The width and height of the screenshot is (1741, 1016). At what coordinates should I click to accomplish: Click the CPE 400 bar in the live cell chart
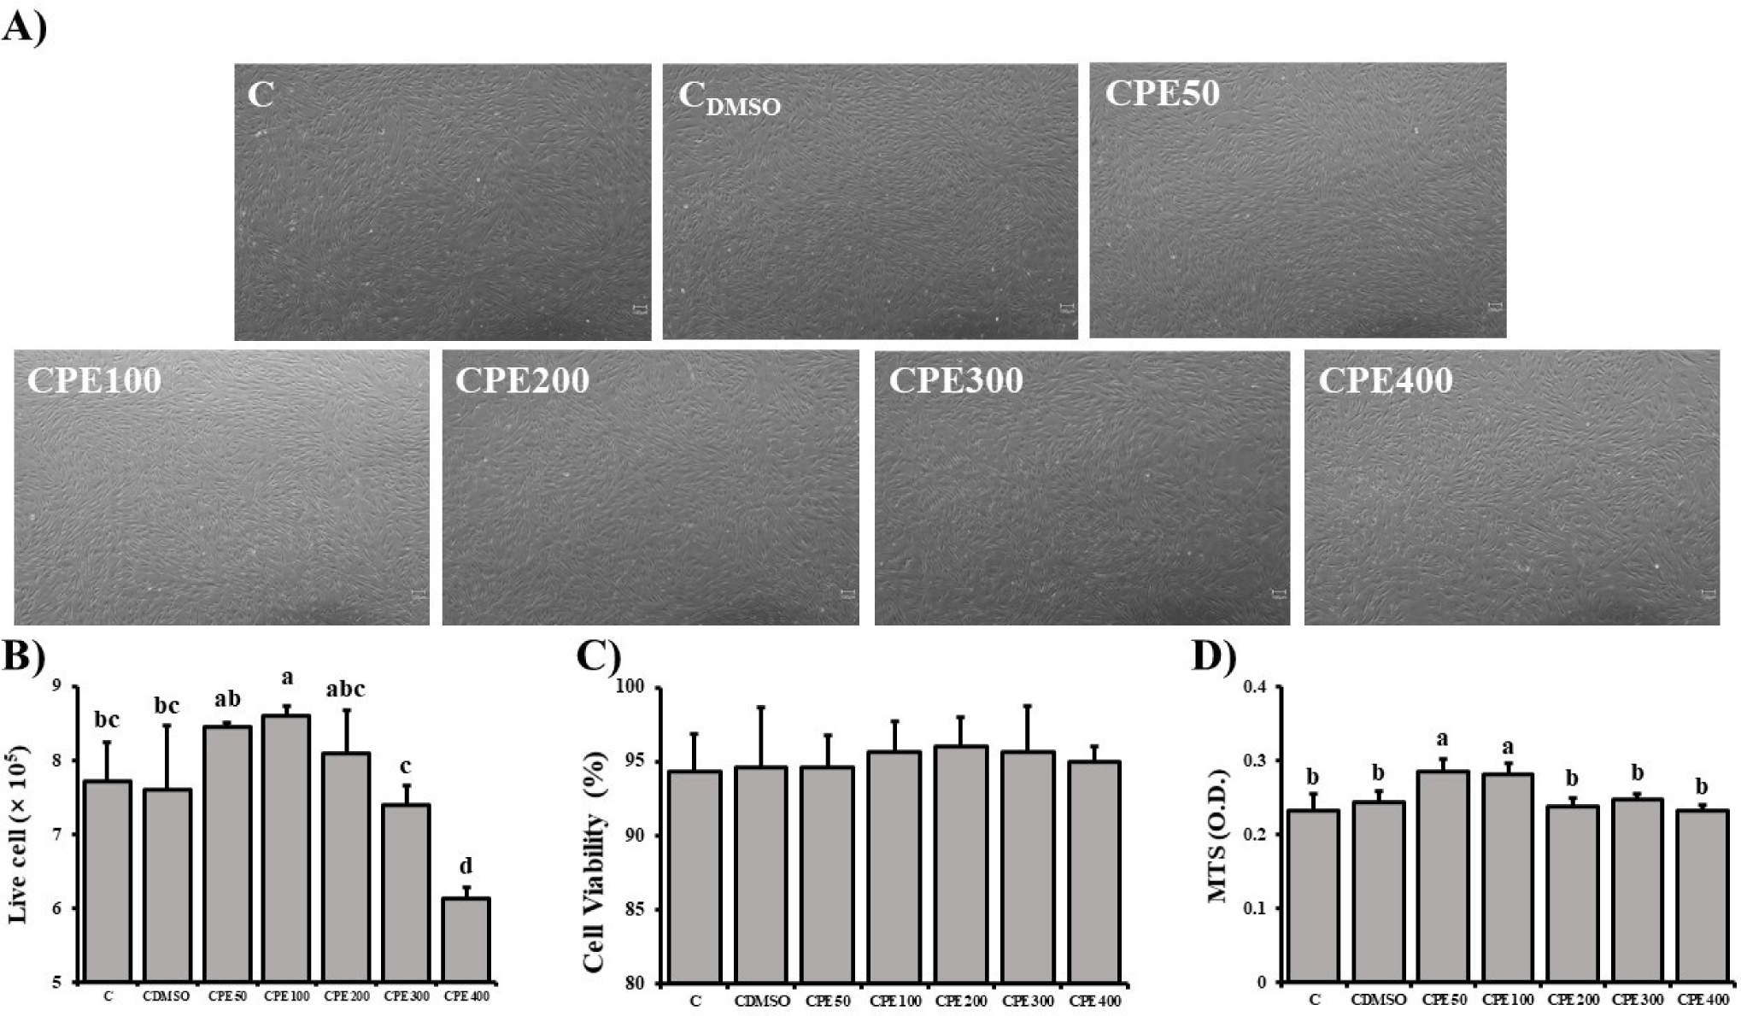(x=466, y=940)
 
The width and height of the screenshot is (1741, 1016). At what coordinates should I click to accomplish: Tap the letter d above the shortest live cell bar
(x=466, y=867)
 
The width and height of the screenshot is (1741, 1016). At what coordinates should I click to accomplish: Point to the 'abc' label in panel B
(x=345, y=689)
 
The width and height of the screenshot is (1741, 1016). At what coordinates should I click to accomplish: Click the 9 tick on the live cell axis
(x=56, y=686)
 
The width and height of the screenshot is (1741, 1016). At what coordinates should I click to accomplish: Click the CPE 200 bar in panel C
(x=961, y=864)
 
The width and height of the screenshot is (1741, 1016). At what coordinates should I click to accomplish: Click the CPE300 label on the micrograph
(x=956, y=380)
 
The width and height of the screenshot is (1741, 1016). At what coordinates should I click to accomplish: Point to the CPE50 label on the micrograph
(x=1162, y=93)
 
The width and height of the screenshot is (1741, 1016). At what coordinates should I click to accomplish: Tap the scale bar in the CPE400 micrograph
(x=1709, y=593)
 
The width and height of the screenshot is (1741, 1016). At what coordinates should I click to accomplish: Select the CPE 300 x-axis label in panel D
(x=1638, y=1000)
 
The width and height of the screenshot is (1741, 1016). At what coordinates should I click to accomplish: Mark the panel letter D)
(x=1214, y=657)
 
